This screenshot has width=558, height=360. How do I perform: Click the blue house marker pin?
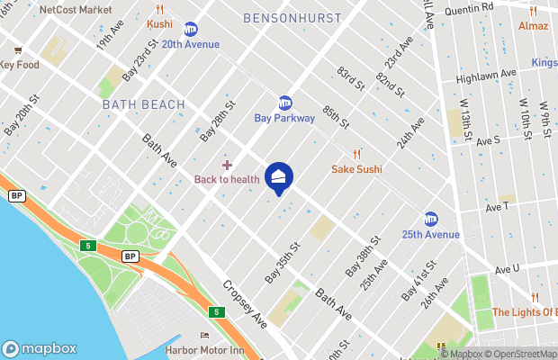pyautogui.click(x=279, y=177)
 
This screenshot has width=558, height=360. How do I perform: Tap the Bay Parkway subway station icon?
pyautogui.click(x=285, y=103)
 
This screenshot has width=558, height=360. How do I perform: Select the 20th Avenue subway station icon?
pyautogui.click(x=191, y=30)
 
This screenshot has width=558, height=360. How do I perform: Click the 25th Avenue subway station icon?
pyautogui.click(x=431, y=220)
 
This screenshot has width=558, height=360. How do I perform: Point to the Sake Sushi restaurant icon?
pyautogui.click(x=356, y=154)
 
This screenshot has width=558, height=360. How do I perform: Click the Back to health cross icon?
pyautogui.click(x=227, y=165)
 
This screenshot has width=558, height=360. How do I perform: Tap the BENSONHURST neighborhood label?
pyautogui.click(x=292, y=18)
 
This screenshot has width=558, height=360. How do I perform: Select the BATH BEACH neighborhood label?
pyautogui.click(x=143, y=104)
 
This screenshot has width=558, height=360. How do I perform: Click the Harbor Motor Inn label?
pyautogui.click(x=204, y=350)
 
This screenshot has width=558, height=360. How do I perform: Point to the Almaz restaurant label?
pyautogui.click(x=533, y=26)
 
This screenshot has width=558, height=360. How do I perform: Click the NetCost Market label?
pyautogui.click(x=76, y=10)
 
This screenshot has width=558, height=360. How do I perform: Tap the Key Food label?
pyautogui.click(x=21, y=65)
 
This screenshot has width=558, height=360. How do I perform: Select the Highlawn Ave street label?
pyautogui.click(x=485, y=76)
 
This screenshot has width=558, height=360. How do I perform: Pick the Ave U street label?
pyautogui.click(x=508, y=268)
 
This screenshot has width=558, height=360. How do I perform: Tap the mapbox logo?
pyautogui.click(x=40, y=348)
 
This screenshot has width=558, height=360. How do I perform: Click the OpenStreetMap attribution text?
pyautogui.click(x=522, y=354)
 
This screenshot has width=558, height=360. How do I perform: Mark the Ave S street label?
pyautogui.click(x=488, y=141)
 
